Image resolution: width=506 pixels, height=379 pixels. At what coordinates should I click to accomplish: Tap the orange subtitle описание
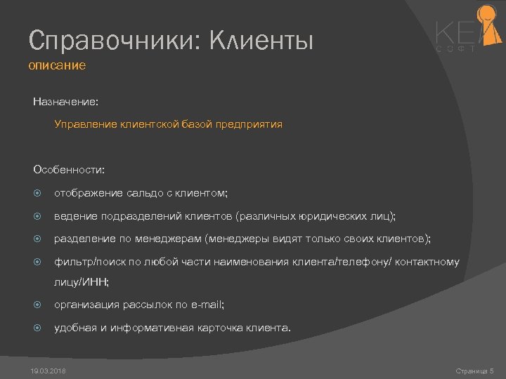coord(57,66)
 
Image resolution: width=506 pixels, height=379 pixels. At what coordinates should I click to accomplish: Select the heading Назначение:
coord(65,102)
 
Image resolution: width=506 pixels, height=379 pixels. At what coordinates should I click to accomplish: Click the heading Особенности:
coord(69,170)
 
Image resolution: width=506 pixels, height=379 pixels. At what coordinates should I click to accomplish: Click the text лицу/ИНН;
coord(82,282)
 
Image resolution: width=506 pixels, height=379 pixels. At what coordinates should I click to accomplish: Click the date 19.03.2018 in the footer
coord(49,370)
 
